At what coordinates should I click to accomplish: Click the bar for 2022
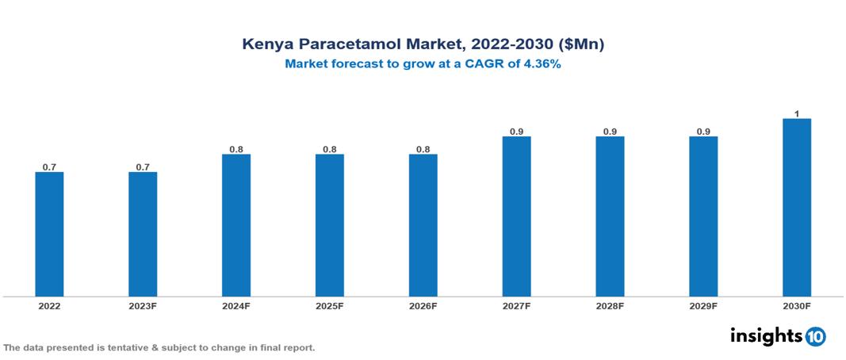(49, 234)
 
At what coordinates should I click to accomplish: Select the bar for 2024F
(236, 225)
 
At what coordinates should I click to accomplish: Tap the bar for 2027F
(516, 216)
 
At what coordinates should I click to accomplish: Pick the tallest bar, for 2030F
(797, 208)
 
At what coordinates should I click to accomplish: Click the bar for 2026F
(423, 225)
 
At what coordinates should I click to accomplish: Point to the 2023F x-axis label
(143, 305)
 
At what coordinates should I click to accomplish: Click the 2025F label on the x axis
(330, 305)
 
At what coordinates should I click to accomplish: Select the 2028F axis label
(610, 305)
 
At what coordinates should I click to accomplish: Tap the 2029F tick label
(703, 305)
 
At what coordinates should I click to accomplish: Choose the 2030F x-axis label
(797, 305)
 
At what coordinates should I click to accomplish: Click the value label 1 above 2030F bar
(797, 114)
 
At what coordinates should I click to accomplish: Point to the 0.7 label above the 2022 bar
(49, 167)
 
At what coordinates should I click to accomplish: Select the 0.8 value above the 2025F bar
(330, 149)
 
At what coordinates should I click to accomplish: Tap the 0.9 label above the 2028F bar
(610, 132)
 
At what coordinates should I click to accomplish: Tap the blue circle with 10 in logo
(815, 336)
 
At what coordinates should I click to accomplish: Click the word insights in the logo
(766, 335)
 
